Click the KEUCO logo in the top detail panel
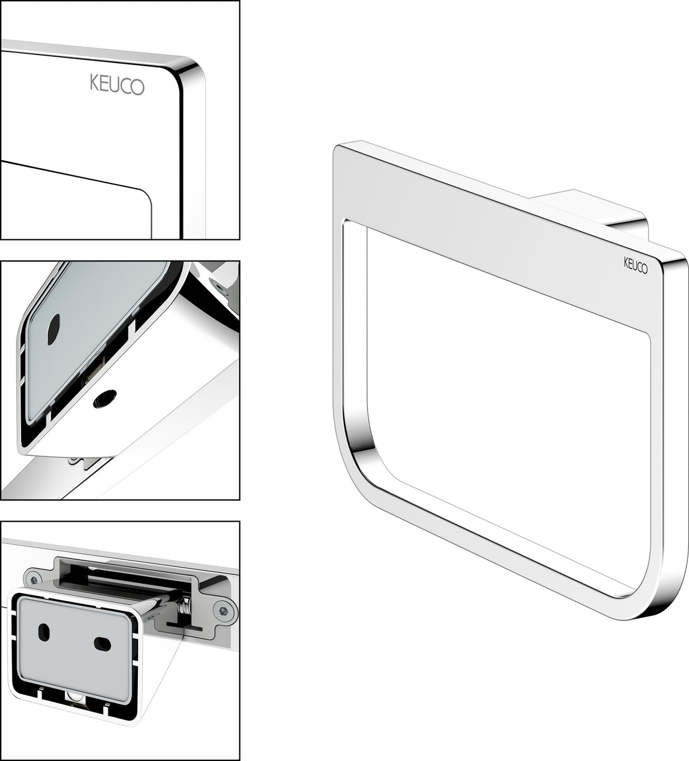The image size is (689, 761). click(117, 84)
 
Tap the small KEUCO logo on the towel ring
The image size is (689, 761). click(636, 265)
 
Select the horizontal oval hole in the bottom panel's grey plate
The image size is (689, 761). click(102, 643)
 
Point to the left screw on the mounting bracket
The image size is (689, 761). click(35, 579)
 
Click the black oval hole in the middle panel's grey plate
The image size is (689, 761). click(53, 324)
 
